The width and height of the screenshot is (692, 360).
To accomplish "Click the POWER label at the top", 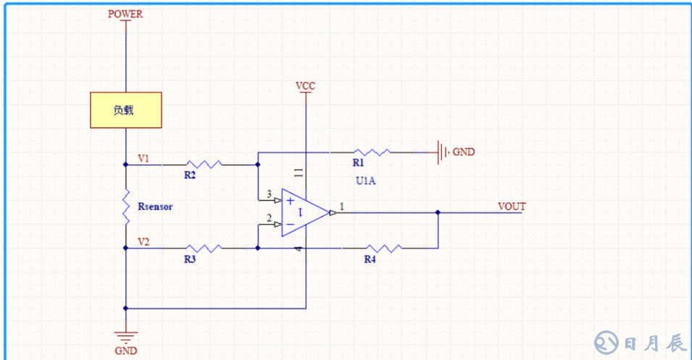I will (125, 14).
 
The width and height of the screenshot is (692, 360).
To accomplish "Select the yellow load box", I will (125, 110).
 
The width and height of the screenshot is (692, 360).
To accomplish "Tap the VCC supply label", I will (305, 86).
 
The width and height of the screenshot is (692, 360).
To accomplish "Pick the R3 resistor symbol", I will (204, 248).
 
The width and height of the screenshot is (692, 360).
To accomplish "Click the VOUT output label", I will (512, 206).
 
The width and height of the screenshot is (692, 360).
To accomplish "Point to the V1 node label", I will (143, 157).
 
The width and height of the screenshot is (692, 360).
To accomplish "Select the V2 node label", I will (143, 241).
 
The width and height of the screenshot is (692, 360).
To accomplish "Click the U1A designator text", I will (365, 180).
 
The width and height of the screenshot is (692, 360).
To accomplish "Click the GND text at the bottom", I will (125, 351).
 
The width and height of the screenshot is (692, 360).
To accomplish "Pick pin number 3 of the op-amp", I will (269, 194).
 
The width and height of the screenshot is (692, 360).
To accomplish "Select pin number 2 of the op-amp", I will (269, 217).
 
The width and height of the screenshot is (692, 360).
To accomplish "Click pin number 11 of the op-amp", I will (299, 172).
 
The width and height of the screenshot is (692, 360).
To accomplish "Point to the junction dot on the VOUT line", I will (438, 213).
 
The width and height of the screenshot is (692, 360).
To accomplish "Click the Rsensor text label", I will (155, 206).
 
